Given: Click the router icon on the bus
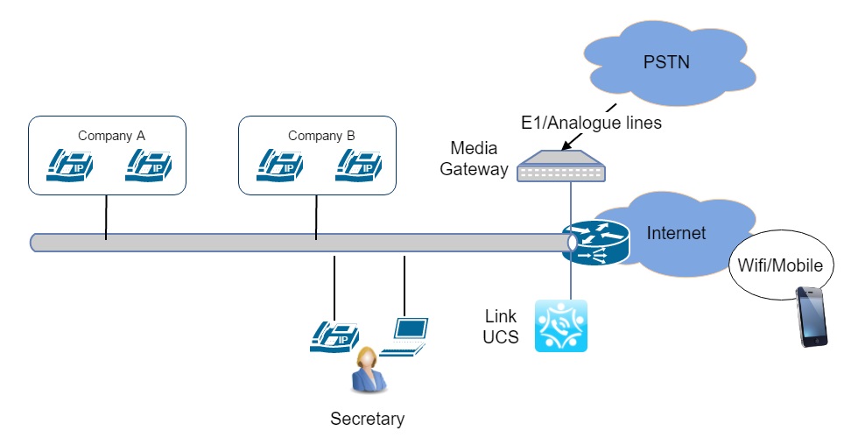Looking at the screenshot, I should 595,242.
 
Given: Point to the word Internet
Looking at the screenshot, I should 676,233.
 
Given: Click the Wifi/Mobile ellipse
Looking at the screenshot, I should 780,265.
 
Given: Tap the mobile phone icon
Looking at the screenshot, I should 812,316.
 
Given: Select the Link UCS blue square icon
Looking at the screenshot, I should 560,326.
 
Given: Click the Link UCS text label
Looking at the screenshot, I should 501,326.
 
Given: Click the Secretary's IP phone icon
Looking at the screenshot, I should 335,336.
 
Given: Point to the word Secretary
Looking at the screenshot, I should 367,419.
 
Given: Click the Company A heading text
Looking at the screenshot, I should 111,136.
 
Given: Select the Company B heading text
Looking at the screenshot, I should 321,136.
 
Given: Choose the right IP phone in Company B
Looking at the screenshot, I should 360,165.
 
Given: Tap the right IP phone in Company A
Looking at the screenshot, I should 150,165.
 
